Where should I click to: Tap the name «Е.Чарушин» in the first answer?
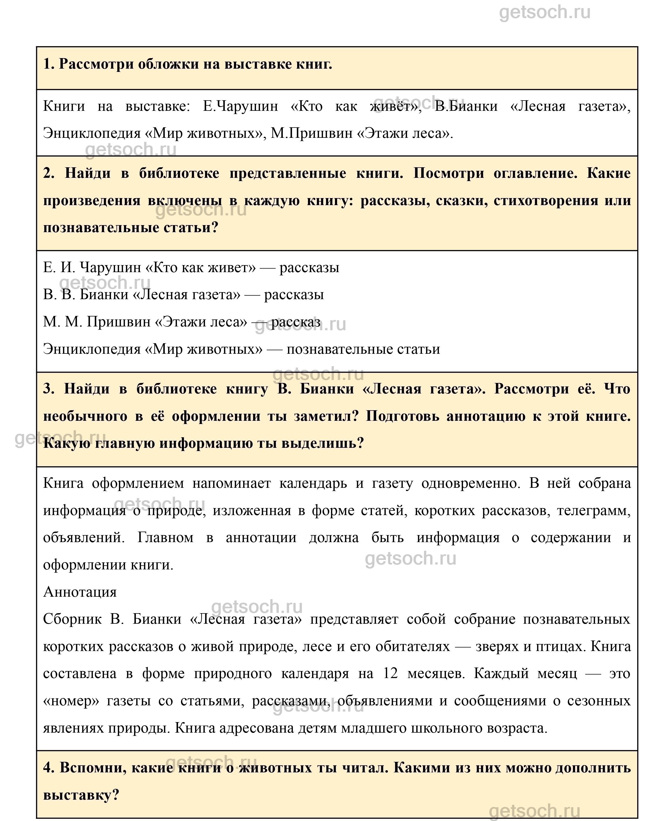coord(240,106)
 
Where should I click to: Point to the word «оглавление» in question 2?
coord(535,173)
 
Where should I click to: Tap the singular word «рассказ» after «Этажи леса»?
coord(296,322)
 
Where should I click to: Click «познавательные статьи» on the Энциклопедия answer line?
coord(363,349)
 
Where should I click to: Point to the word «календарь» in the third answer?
coord(313,483)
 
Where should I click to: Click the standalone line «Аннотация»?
coord(80,592)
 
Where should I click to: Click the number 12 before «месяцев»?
coord(390,673)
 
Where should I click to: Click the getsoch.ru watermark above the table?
coord(545,12)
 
